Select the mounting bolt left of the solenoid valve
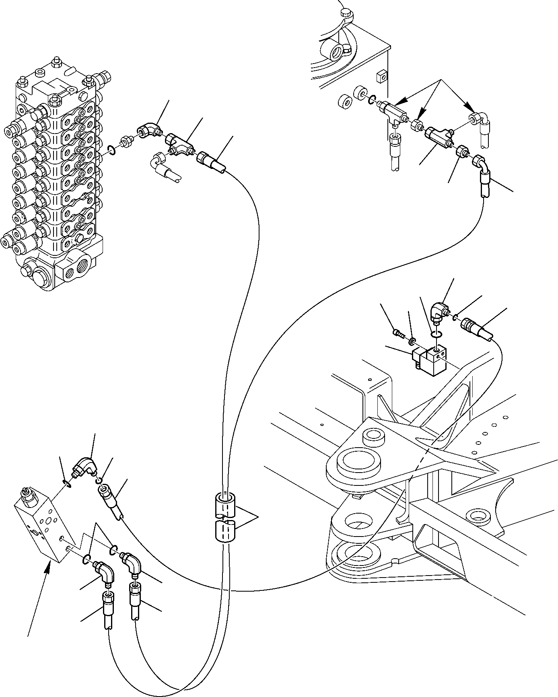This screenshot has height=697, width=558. [396, 332]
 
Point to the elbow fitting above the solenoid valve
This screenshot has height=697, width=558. [439, 312]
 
